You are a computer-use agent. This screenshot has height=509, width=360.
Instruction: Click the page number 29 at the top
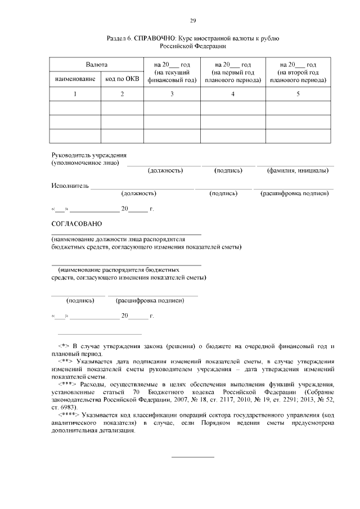(x=192, y=20)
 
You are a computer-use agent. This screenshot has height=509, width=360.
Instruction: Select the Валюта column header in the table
(x=96, y=65)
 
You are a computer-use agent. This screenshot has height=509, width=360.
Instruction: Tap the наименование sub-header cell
(x=75, y=79)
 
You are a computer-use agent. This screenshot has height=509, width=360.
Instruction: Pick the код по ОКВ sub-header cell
(x=121, y=79)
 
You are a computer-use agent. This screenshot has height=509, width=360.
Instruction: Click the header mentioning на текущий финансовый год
(x=172, y=73)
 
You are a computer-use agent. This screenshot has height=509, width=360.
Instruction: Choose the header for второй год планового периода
(x=298, y=73)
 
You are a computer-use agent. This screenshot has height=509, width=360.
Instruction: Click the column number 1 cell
(x=75, y=94)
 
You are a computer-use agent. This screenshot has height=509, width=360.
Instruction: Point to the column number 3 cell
(x=172, y=94)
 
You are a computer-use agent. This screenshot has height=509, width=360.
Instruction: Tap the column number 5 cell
(x=298, y=94)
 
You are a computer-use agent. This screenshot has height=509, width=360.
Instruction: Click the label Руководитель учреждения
(x=89, y=155)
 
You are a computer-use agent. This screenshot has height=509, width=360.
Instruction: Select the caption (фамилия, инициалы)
(x=295, y=170)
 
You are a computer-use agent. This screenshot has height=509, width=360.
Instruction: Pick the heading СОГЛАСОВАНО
(x=76, y=224)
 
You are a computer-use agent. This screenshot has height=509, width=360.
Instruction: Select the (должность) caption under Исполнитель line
(x=138, y=193)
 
